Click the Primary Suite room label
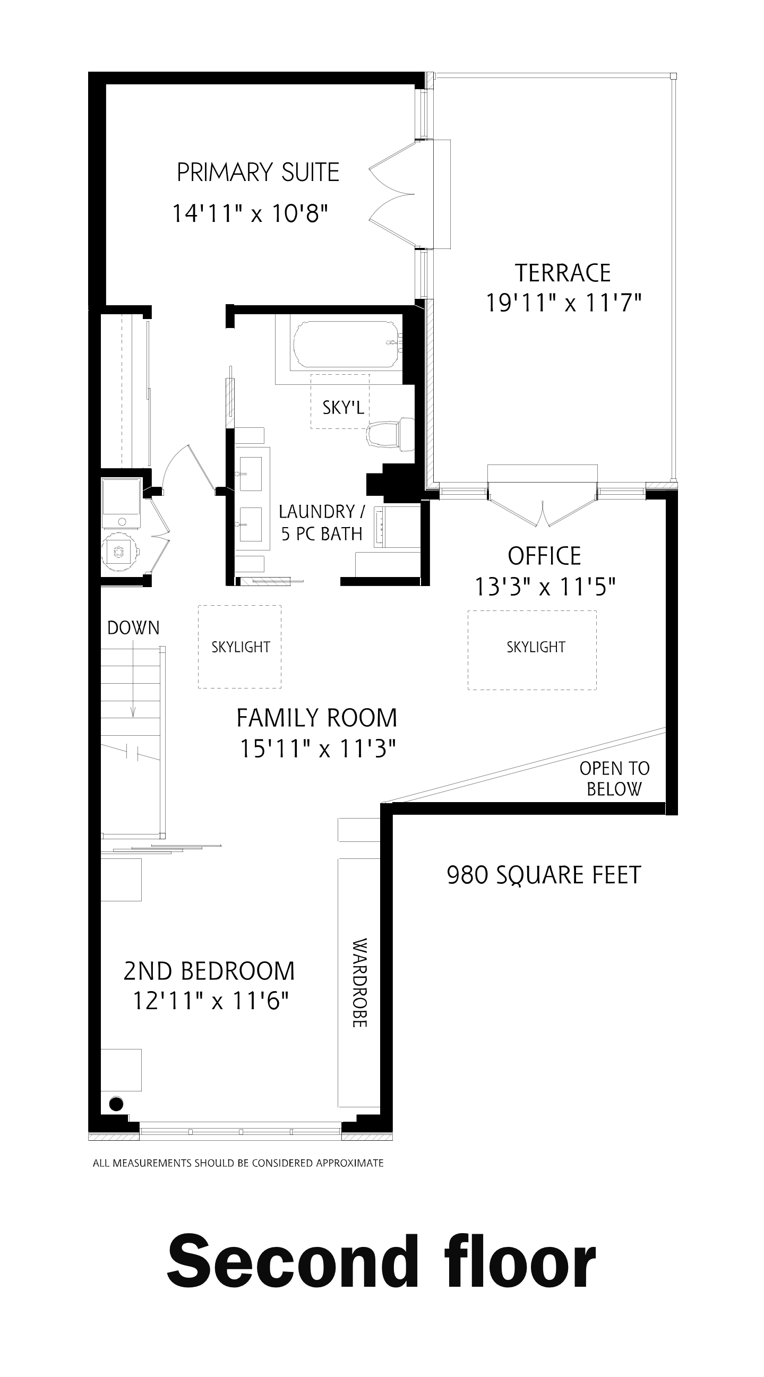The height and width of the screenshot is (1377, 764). tap(257, 173)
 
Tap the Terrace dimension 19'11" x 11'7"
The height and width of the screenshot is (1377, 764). tap(563, 303)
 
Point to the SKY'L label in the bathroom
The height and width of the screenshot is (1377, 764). tap(342, 408)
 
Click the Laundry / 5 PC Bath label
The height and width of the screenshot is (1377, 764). tap(322, 522)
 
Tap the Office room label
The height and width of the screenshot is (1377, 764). tap(544, 556)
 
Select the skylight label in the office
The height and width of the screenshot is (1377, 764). tap(536, 647)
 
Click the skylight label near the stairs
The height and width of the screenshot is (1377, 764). tap(241, 647)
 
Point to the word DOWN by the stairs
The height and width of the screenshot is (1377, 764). tap(133, 627)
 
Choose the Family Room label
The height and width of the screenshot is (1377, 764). tap(317, 717)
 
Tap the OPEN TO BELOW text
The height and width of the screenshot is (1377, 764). tap(614, 778)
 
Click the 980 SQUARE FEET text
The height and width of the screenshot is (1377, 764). tap(544, 875)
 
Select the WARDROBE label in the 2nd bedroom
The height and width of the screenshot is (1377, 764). tap(360, 983)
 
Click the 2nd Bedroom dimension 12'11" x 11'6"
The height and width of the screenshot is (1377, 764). tap(210, 1000)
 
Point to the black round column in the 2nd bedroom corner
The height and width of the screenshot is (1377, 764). tap(116, 1103)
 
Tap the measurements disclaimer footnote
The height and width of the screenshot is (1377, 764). tap(238, 1163)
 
